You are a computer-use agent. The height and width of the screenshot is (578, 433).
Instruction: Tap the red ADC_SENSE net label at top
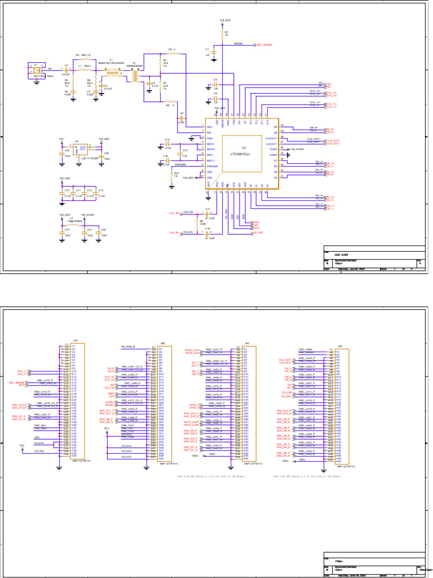point(264,45)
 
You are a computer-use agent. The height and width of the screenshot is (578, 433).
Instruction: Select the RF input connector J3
point(35,69)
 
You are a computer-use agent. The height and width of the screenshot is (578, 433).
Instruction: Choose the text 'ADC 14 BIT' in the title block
point(342,255)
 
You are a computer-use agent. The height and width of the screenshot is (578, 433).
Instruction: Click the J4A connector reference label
point(75,341)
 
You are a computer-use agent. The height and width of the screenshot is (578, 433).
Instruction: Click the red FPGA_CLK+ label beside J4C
point(193,350)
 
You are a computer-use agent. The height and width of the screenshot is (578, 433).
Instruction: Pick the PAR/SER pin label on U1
point(211,166)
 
